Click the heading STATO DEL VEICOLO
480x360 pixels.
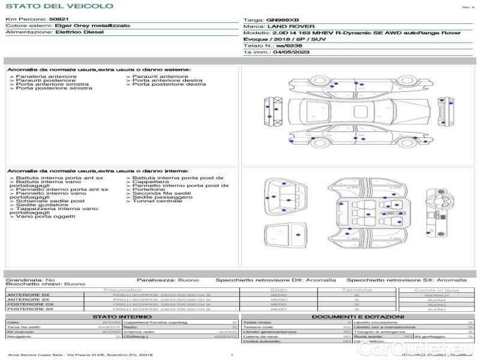tap(59, 6)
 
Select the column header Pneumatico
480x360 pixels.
tap(122, 290)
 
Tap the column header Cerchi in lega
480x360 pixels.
tap(436, 290)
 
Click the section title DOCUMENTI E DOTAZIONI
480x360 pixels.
tap(358, 316)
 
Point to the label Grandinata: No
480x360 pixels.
tap(30, 280)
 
